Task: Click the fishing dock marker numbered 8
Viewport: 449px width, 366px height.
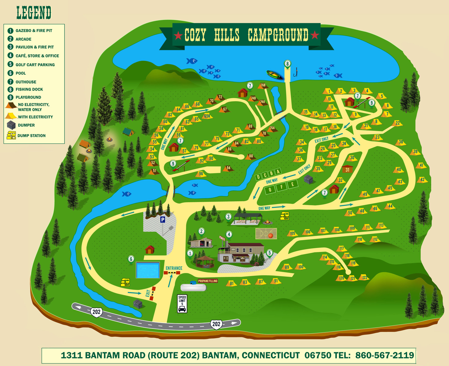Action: tap(287, 64)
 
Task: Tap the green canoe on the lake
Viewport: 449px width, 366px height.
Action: tap(275, 75)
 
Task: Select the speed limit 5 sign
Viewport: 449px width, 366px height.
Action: tap(182, 303)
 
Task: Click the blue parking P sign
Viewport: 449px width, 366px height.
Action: tap(162, 220)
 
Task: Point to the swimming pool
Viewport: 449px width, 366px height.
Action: tap(148, 270)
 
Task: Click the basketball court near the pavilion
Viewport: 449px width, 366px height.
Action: tap(266, 234)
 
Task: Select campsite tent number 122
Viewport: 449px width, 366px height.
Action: tap(364, 278)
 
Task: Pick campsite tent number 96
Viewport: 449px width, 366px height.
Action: tap(201, 174)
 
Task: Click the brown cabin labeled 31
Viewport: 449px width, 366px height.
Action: tap(347, 169)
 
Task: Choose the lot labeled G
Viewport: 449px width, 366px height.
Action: tap(270, 190)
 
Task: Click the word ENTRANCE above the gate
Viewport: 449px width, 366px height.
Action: tap(174, 268)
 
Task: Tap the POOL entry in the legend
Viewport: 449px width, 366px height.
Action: tap(21, 73)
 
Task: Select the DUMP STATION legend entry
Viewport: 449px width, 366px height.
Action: tap(31, 135)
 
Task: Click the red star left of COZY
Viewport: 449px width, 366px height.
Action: tap(178, 36)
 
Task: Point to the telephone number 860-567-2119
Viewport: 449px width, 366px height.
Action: tap(385, 355)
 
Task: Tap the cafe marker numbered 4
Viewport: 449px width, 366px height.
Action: tap(229, 235)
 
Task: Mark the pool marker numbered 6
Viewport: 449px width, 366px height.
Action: tap(131, 259)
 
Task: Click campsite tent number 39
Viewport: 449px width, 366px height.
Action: tap(415, 152)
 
